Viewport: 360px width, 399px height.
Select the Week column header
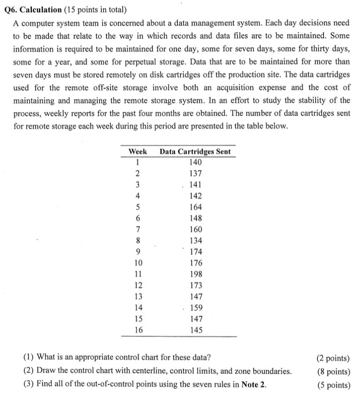click(x=138, y=151)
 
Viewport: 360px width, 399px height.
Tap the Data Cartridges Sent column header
click(x=195, y=151)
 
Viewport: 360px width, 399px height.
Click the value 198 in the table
click(x=196, y=274)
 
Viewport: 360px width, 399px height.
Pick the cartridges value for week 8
click(x=196, y=241)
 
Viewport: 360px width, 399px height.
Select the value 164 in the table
click(x=196, y=207)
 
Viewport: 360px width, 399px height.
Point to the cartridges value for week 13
click(x=196, y=297)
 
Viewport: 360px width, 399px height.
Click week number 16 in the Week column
click(x=138, y=330)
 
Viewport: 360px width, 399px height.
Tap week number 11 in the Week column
click(x=138, y=274)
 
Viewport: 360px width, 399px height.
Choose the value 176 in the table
click(x=196, y=263)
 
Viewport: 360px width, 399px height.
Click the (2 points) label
click(x=333, y=358)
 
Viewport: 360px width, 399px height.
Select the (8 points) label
click(x=333, y=372)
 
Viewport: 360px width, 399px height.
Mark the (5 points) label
click(x=333, y=385)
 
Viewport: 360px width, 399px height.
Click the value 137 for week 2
click(x=196, y=174)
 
